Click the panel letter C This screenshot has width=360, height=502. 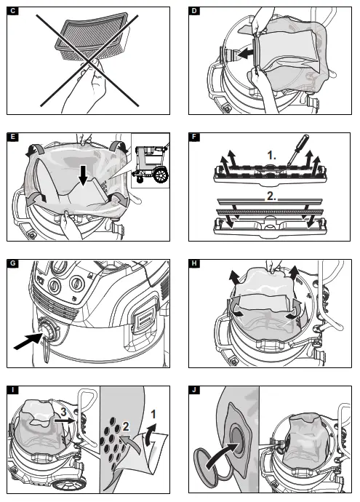tap(13, 11)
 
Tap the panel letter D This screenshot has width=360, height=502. tap(194, 11)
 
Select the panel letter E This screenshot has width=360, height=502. tap(13, 137)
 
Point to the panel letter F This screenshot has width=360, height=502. tap(194, 137)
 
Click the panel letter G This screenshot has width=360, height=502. tap(13, 263)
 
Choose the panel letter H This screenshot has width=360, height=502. tap(194, 263)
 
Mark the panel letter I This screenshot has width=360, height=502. tap(13, 390)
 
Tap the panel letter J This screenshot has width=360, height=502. tap(194, 390)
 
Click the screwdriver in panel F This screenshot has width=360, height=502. tap(297, 150)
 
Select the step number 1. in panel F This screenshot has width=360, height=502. tap(272, 156)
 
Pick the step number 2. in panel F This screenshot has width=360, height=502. tap(271, 196)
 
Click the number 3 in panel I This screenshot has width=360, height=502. tap(64, 412)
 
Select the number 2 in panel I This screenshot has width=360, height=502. tap(126, 426)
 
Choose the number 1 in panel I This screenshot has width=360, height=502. tap(153, 414)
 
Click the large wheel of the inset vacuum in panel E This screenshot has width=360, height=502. tap(161, 175)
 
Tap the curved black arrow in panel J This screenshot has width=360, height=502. tap(222, 455)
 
